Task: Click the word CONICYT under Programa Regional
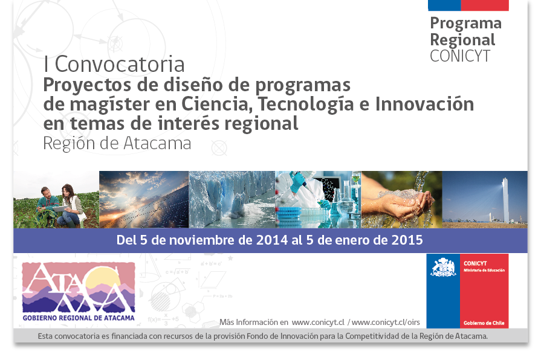point(460,56)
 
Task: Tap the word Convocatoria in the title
point(120,65)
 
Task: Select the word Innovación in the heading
point(424,104)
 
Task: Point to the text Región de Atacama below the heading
point(117,143)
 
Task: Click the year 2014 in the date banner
point(272,240)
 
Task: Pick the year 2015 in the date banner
point(407,240)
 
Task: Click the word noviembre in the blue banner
point(210,240)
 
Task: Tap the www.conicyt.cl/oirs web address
point(386,322)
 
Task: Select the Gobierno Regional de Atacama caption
point(79,318)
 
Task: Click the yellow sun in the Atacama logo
point(103,278)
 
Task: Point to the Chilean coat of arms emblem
point(443,267)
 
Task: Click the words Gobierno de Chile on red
point(484,323)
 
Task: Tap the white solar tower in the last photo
point(505,199)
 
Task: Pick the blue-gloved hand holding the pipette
point(297,182)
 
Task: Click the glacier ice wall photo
point(232,199)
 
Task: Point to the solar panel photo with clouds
point(144,199)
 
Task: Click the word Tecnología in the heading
point(306,104)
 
